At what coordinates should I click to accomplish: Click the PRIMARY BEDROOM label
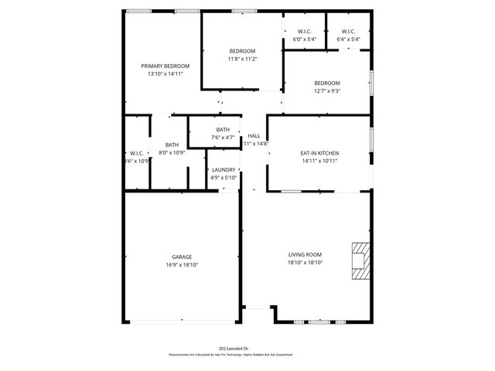click(166, 66)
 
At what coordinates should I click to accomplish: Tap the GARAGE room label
click(182, 257)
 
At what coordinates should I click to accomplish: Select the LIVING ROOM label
click(305, 254)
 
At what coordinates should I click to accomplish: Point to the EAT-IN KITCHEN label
click(319, 153)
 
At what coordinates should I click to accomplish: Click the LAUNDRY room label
click(224, 170)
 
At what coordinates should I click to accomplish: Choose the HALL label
click(254, 136)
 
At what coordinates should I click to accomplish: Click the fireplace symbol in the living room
click(360, 260)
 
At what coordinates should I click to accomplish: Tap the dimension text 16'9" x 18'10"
click(182, 264)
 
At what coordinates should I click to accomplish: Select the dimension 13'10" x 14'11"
click(165, 74)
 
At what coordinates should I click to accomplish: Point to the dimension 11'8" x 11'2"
click(242, 59)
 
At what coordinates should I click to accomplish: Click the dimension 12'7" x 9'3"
click(326, 90)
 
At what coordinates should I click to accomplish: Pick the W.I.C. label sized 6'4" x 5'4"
click(348, 32)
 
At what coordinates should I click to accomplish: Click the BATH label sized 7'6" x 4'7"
click(223, 130)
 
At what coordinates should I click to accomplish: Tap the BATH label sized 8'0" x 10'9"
click(172, 145)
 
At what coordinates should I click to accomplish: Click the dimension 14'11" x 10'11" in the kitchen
click(319, 161)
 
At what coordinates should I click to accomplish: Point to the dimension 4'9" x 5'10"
click(224, 178)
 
